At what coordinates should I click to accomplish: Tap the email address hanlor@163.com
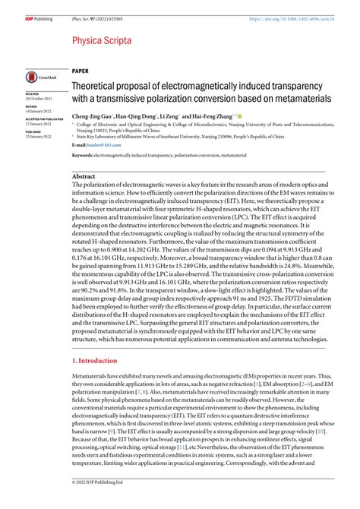pyautogui.click(x=106, y=143)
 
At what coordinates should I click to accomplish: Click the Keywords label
pyautogui.click(x=82, y=154)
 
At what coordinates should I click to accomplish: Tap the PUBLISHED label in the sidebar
pyautogui.click(x=36, y=130)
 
